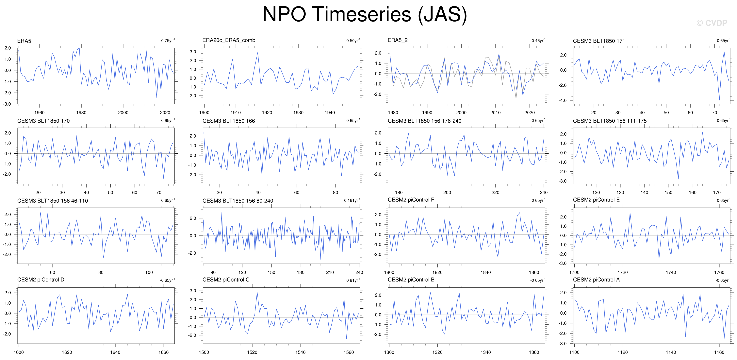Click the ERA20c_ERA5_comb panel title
(x=229, y=40)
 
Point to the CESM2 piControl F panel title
(x=411, y=200)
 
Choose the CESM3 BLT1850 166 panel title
(x=229, y=121)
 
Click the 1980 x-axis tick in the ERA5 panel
(x=81, y=113)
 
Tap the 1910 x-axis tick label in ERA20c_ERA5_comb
(x=236, y=113)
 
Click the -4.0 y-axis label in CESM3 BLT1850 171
(x=563, y=100)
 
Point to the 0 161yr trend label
(x=352, y=200)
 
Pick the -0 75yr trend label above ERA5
(x=167, y=41)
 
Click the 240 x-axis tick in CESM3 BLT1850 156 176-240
(x=543, y=193)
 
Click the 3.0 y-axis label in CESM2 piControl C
(x=193, y=291)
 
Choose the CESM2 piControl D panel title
(x=41, y=280)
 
